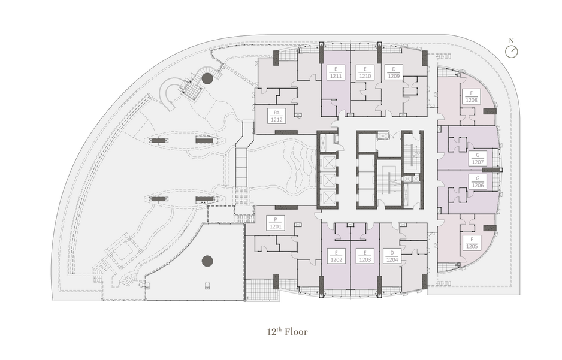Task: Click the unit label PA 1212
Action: click(277, 116)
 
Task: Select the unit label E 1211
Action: click(336, 72)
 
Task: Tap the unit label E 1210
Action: click(365, 72)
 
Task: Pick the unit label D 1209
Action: click(394, 72)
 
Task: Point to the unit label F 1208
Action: click(472, 96)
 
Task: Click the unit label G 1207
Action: click(478, 158)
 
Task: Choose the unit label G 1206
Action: click(478, 181)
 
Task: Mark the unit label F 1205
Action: click(472, 243)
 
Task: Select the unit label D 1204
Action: click(392, 256)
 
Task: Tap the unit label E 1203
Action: click(365, 256)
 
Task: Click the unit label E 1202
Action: click(336, 256)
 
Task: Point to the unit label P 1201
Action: click(276, 223)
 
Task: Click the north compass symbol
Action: click(512, 52)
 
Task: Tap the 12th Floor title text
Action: click(287, 331)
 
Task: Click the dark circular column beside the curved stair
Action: click(207, 78)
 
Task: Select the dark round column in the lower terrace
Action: click(207, 261)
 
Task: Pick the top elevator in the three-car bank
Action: click(328, 162)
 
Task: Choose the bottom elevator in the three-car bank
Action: click(328, 197)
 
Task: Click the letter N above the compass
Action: click(512, 41)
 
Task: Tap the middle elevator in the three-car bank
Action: click(328, 180)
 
